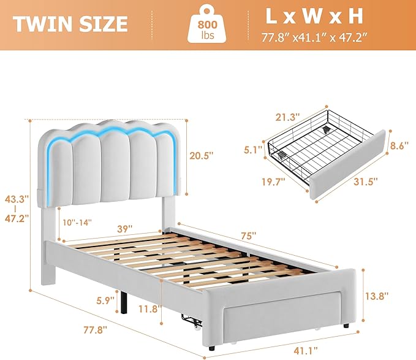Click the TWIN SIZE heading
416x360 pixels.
70,24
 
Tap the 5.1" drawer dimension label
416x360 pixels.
254,148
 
